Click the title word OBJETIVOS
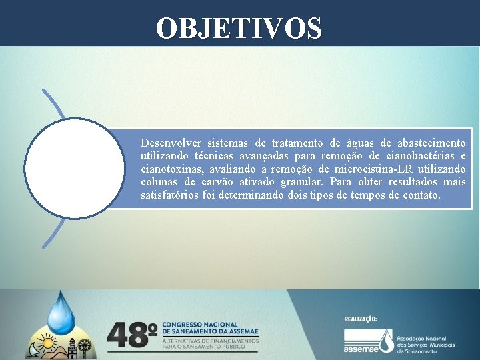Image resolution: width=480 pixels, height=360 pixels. coord(239,28)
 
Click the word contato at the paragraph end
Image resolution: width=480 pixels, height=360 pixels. coord(420,195)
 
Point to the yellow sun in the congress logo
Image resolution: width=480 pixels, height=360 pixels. coord(47,343)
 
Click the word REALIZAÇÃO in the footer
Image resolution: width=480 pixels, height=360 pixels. coord(360,319)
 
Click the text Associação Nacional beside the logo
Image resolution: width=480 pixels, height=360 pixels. coord(425,339)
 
